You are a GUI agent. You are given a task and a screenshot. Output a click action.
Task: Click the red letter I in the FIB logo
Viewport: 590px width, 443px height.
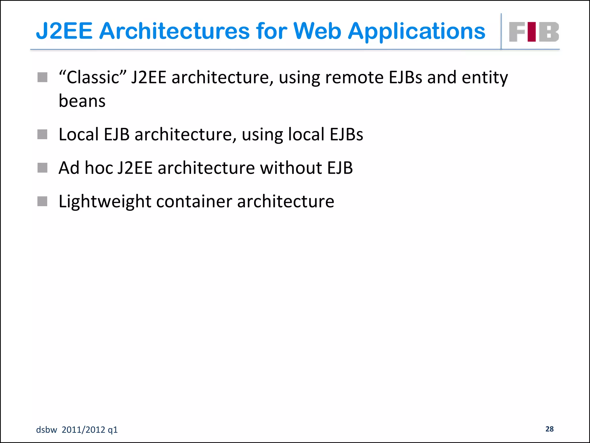click(x=532, y=32)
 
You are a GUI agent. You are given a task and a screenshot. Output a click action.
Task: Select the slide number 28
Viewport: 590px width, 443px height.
click(x=549, y=429)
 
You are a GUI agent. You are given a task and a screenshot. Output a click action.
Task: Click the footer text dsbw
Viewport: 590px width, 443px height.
click(x=46, y=430)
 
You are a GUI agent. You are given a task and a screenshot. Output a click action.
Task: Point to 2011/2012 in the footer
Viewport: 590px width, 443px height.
click(x=83, y=430)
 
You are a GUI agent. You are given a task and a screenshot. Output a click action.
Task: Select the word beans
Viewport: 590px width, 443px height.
click(x=82, y=101)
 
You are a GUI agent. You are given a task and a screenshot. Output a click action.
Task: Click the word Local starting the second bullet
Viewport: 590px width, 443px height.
click(x=78, y=134)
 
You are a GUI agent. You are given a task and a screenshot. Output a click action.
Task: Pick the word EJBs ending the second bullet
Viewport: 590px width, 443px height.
click(x=346, y=134)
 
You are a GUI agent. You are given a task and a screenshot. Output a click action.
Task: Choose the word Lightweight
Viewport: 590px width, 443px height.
click(x=105, y=201)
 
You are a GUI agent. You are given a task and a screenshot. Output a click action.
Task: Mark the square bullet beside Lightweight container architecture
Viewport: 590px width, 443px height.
click(x=42, y=201)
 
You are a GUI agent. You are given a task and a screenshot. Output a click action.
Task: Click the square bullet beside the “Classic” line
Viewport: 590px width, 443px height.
click(x=42, y=77)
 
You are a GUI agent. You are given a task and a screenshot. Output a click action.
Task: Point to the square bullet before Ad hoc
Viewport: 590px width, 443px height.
click(x=42, y=168)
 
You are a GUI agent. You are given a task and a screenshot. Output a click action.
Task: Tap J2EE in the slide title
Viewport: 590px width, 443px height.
click(x=64, y=31)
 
